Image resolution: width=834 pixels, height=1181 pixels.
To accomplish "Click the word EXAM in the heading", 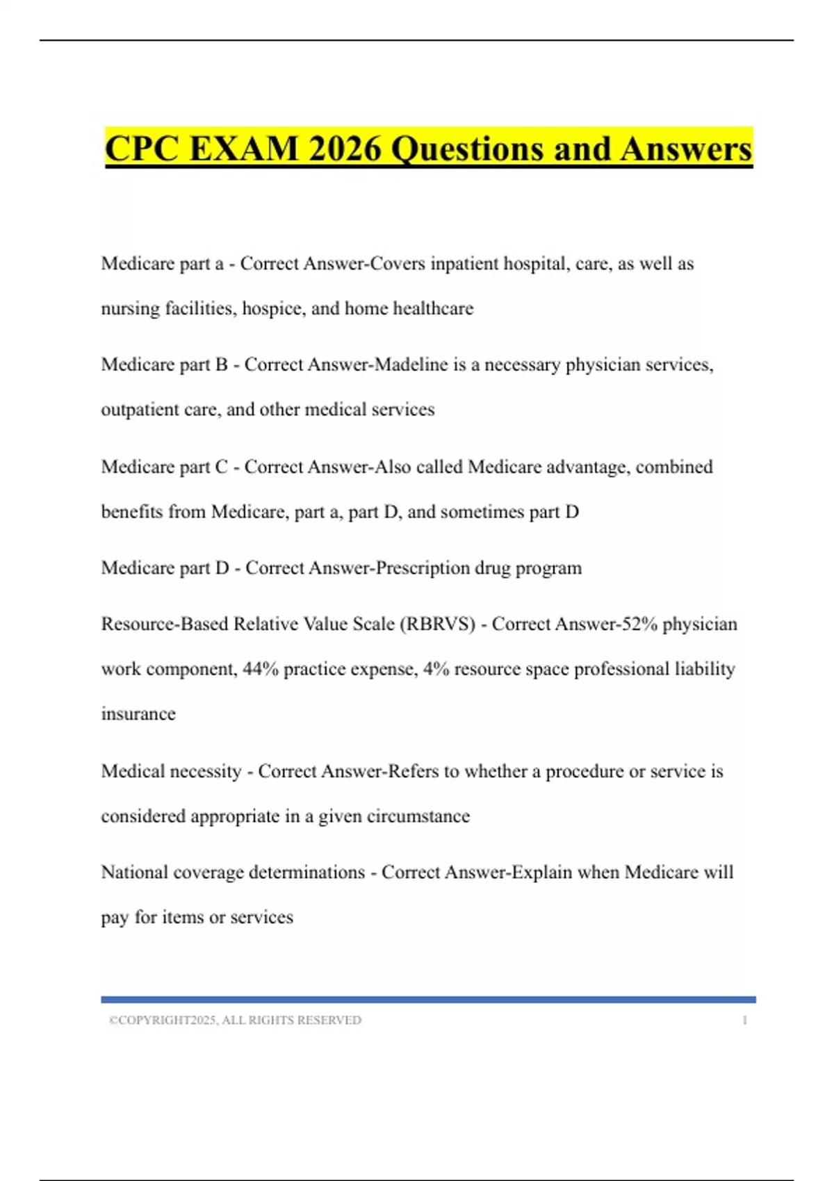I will coord(243,149).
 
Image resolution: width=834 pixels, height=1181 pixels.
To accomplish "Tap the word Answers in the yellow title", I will coord(687,149).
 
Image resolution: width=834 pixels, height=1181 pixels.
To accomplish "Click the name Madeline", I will coord(411,365).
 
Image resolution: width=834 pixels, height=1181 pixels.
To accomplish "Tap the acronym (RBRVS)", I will coord(437,624).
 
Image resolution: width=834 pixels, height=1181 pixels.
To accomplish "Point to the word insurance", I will coord(138,714).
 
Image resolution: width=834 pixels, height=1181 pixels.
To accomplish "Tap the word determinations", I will coord(306,873).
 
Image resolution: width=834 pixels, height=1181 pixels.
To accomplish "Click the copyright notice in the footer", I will coord(235,1020).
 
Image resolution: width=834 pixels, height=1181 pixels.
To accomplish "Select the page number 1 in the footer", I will coord(744,1020).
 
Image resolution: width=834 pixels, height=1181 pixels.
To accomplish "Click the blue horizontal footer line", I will coord(428,1000).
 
